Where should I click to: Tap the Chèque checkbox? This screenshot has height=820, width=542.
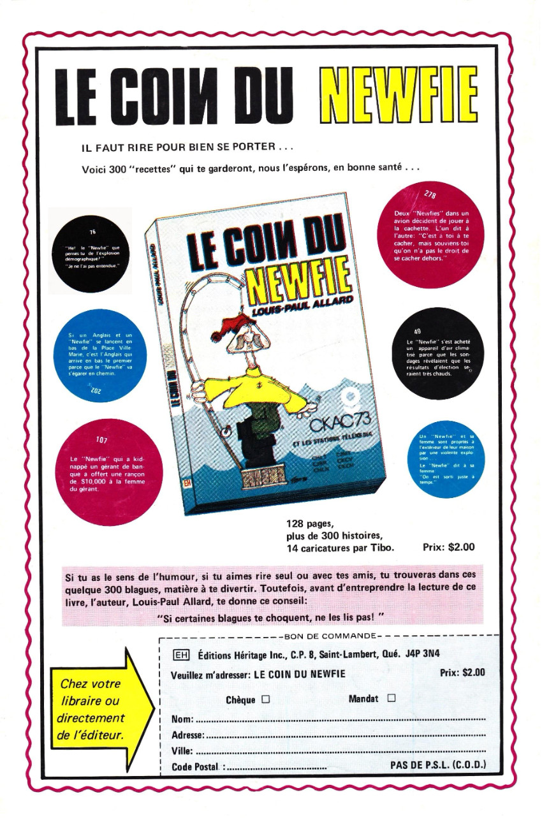coord(265,699)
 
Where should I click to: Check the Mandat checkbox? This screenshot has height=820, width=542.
coord(392,698)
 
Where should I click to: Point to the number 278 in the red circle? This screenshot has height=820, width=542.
coord(432,194)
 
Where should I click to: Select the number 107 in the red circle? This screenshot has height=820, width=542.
coord(101,440)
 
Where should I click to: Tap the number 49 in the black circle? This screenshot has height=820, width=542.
coord(417,332)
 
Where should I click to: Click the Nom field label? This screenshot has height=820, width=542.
coord(182,720)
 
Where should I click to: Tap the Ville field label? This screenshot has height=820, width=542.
coord(182,750)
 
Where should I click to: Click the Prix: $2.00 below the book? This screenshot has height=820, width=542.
coord(449,547)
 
